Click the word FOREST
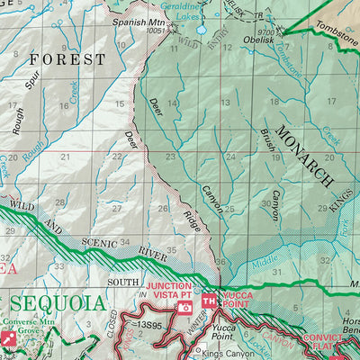point(67,59)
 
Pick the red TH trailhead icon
point(209,301)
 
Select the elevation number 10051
point(156,31)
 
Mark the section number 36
point(220,262)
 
